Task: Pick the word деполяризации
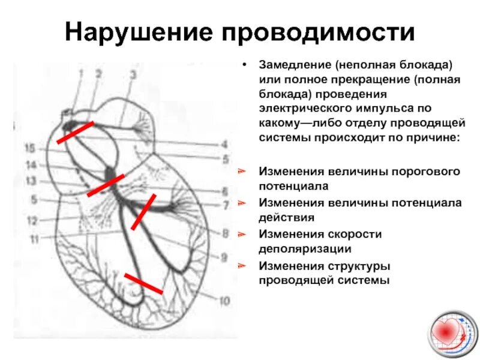[305, 248]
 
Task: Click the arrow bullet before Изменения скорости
[241, 233]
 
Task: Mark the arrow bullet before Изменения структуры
[241, 265]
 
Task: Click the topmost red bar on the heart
[75, 133]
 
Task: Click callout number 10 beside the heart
[224, 300]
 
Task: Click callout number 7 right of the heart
[226, 206]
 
